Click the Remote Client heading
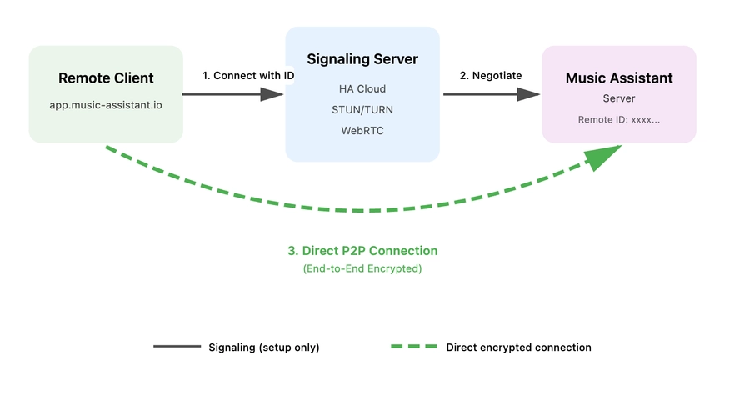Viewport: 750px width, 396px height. click(106, 78)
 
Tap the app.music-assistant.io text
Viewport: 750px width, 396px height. click(106, 107)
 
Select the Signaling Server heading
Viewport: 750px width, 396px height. click(362, 59)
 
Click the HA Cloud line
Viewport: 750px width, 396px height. click(362, 88)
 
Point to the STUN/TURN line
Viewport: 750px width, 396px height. click(362, 109)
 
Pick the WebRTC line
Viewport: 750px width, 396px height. click(362, 130)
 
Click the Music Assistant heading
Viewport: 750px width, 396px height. click(619, 78)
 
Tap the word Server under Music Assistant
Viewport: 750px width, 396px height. click(619, 98)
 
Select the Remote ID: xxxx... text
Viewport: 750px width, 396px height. click(619, 119)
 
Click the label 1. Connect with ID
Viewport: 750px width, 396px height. click(248, 75)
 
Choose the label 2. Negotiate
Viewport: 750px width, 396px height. click(491, 75)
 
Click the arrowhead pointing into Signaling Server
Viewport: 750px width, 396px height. click(272, 94)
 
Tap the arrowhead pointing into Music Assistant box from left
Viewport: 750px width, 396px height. click(529, 94)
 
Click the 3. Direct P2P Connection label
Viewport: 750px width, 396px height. click(362, 250)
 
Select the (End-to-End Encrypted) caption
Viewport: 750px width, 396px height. click(362, 268)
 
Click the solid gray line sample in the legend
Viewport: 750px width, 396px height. click(177, 347)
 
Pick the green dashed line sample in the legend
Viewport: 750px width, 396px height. click(414, 347)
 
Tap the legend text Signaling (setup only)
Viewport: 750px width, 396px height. click(263, 348)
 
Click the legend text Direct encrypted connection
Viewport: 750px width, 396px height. click(518, 348)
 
